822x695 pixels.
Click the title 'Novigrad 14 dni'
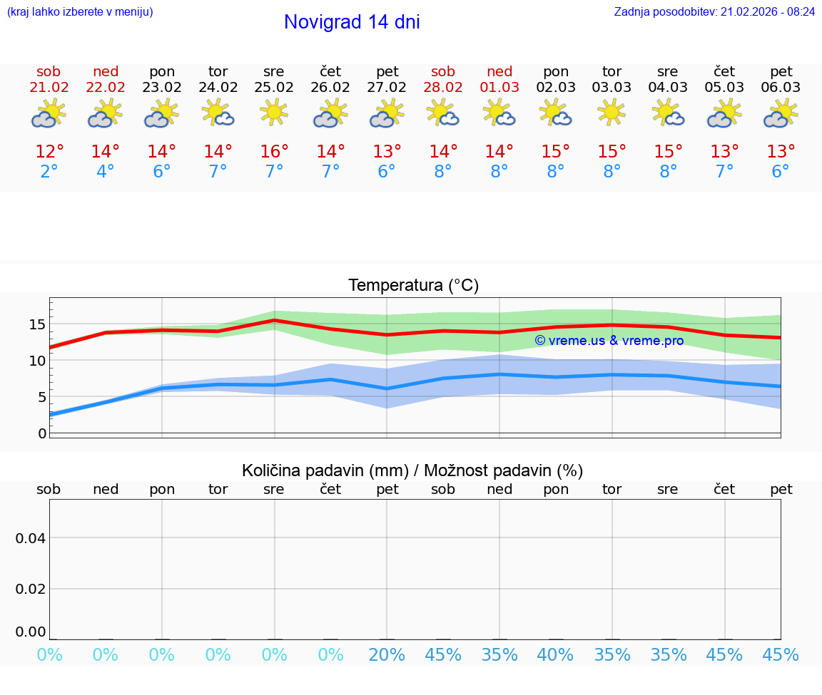point(352,22)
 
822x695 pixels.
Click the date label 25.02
point(274,88)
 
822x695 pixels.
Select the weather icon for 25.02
point(274,113)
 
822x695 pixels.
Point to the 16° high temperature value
point(274,152)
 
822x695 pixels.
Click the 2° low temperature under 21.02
point(49,172)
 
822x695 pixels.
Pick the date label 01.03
point(499,88)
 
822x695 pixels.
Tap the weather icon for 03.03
point(612,113)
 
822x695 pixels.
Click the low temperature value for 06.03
point(781,172)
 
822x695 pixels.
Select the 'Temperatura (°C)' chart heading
point(413,286)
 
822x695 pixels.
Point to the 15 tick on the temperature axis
point(37,324)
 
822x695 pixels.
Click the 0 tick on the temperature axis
point(42,433)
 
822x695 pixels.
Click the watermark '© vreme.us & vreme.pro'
point(609,341)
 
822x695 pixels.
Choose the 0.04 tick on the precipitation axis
point(31,538)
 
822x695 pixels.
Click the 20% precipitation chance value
point(387,655)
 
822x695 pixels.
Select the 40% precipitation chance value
point(556,655)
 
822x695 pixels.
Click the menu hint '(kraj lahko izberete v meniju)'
point(80,11)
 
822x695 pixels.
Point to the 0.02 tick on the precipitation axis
point(31,589)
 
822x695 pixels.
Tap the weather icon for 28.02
point(443,113)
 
